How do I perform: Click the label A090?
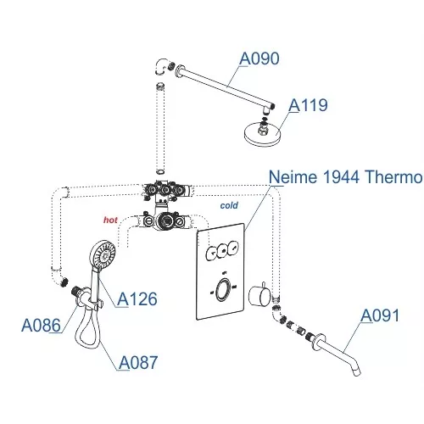259,59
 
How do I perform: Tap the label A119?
308,105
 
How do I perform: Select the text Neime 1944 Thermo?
345,177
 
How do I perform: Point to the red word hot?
110,219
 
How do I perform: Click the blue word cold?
229,205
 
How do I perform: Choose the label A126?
137,299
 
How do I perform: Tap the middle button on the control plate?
221,250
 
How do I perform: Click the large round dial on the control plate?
221,291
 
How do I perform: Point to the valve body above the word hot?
167,220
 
